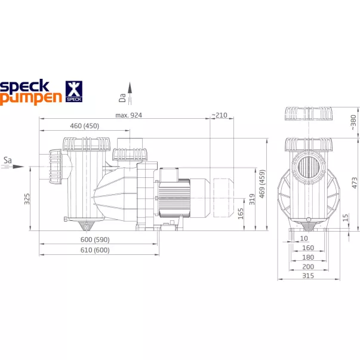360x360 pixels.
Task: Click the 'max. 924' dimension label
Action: pos(130,115)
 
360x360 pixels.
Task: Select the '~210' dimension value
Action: pos(219,115)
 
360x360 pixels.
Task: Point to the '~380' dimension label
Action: pos(353,122)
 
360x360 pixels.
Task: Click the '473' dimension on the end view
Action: pos(355,182)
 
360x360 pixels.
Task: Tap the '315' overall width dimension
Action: pos(308,276)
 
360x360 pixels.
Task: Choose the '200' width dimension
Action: pos(308,267)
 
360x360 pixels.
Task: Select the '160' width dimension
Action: pos(308,248)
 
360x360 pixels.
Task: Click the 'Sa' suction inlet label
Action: pos(8,160)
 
